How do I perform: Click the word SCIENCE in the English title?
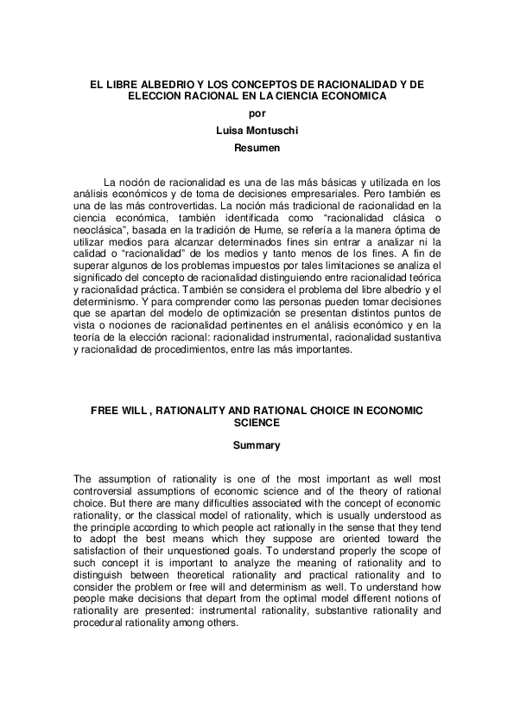coord(257,424)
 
